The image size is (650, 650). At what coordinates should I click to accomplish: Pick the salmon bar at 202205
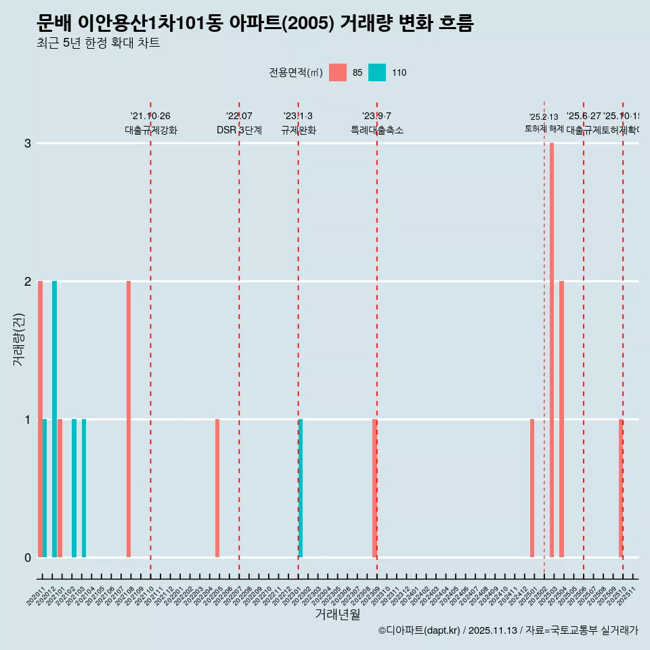[x=217, y=487]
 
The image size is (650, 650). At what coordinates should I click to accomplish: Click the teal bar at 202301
[x=301, y=487]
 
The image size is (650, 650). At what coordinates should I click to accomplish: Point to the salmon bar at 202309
[x=374, y=487]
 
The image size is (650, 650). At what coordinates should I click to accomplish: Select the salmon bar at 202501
[x=532, y=487]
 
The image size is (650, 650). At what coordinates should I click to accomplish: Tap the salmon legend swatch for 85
[x=338, y=72]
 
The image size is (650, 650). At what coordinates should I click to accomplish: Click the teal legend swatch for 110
[x=377, y=72]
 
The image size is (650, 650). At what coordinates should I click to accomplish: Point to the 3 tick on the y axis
[x=28, y=144]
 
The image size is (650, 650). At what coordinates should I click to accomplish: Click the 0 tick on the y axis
[x=28, y=557]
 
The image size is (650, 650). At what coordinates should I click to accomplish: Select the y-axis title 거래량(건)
[x=19, y=339]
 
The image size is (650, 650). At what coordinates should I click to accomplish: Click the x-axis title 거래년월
[x=337, y=614]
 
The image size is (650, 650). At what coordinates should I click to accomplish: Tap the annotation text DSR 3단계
[x=239, y=130]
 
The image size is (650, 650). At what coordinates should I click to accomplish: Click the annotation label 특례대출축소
[x=376, y=130]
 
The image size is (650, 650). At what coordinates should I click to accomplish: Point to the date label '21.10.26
[x=150, y=116]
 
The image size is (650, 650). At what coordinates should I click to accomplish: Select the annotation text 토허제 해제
[x=544, y=129]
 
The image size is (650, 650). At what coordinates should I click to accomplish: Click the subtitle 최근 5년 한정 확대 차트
[x=99, y=43]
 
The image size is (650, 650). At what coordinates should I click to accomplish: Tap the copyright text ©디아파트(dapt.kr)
[x=418, y=630]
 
